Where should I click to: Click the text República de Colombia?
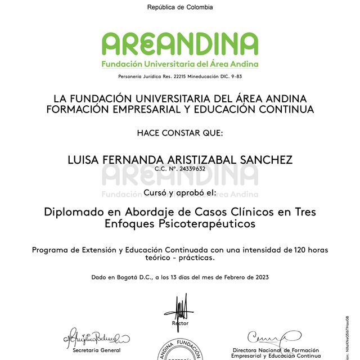(180, 7)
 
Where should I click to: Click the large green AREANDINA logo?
(180, 44)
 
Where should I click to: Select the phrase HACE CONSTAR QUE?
(180, 133)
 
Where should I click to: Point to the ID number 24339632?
(192, 168)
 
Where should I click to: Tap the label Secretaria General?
(96, 350)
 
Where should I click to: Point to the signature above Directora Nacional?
(273, 337)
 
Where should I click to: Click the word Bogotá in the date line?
(127, 277)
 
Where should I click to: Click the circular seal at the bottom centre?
(180, 352)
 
